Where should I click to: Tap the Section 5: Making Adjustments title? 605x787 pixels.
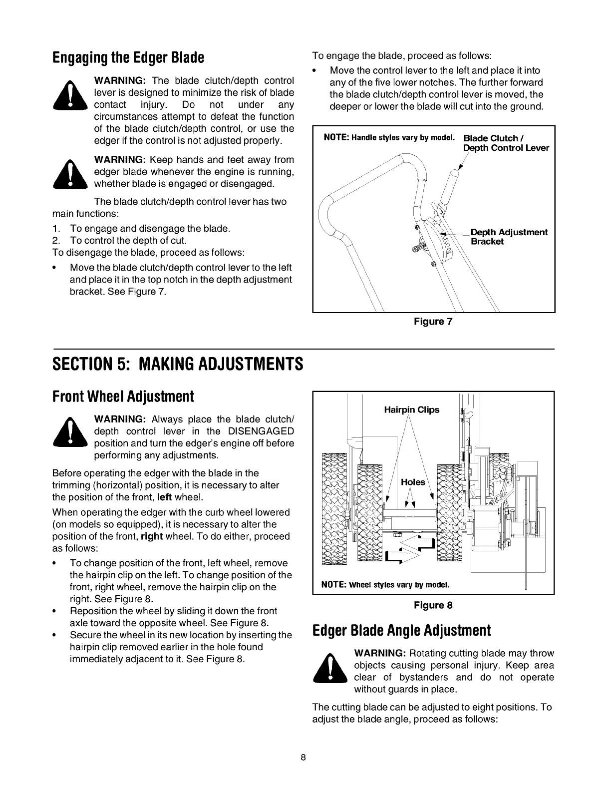click(x=178, y=363)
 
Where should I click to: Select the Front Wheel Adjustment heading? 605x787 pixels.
click(x=123, y=397)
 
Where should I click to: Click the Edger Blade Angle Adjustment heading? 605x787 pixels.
click(x=401, y=630)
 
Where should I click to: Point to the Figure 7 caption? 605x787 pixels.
click(x=433, y=321)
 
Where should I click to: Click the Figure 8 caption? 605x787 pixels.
click(x=433, y=605)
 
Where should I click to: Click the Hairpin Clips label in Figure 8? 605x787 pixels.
click(x=411, y=410)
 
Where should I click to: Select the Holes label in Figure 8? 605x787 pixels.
click(x=413, y=482)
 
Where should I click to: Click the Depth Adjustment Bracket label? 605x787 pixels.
click(x=509, y=237)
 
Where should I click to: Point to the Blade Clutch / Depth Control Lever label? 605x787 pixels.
click(x=506, y=143)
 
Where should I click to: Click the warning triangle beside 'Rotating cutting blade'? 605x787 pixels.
click(x=329, y=671)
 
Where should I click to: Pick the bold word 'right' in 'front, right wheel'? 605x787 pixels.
click(x=152, y=536)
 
